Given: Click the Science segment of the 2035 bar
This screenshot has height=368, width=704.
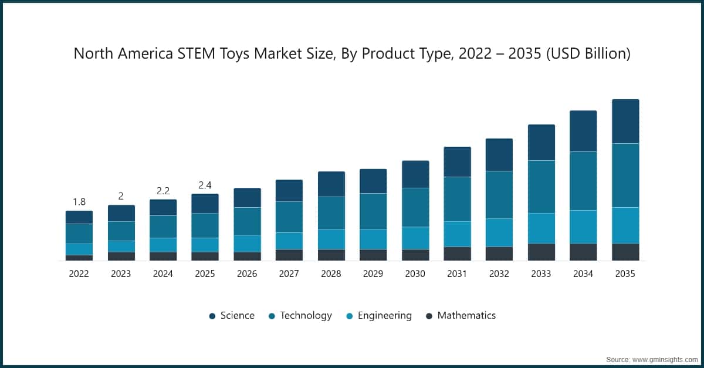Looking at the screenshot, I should point(625,121).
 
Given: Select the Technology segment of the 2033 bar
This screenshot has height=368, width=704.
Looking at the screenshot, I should point(541,187).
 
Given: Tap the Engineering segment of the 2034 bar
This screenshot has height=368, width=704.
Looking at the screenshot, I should point(583,227).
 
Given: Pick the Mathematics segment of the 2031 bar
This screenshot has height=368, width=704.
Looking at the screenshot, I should point(457,254).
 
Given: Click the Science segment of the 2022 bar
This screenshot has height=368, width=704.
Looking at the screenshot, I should point(79,217).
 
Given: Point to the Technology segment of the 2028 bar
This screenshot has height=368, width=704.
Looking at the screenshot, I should point(331,213).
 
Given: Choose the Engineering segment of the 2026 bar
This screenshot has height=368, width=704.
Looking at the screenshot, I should point(247,244).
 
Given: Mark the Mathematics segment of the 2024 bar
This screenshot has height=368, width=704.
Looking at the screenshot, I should point(163,256).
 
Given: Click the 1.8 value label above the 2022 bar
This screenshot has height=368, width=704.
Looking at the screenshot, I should point(79,202).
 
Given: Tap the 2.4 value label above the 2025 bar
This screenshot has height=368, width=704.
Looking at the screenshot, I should point(205,185).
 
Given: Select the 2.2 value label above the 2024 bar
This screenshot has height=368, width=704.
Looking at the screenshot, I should point(163,191).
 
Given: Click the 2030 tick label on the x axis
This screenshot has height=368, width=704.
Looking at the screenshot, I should point(415,274).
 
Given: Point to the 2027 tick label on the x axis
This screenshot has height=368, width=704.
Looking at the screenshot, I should point(289,274).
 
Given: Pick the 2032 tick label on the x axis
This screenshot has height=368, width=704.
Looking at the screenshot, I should point(499,274).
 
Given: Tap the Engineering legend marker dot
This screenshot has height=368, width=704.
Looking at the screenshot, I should point(349,316).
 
